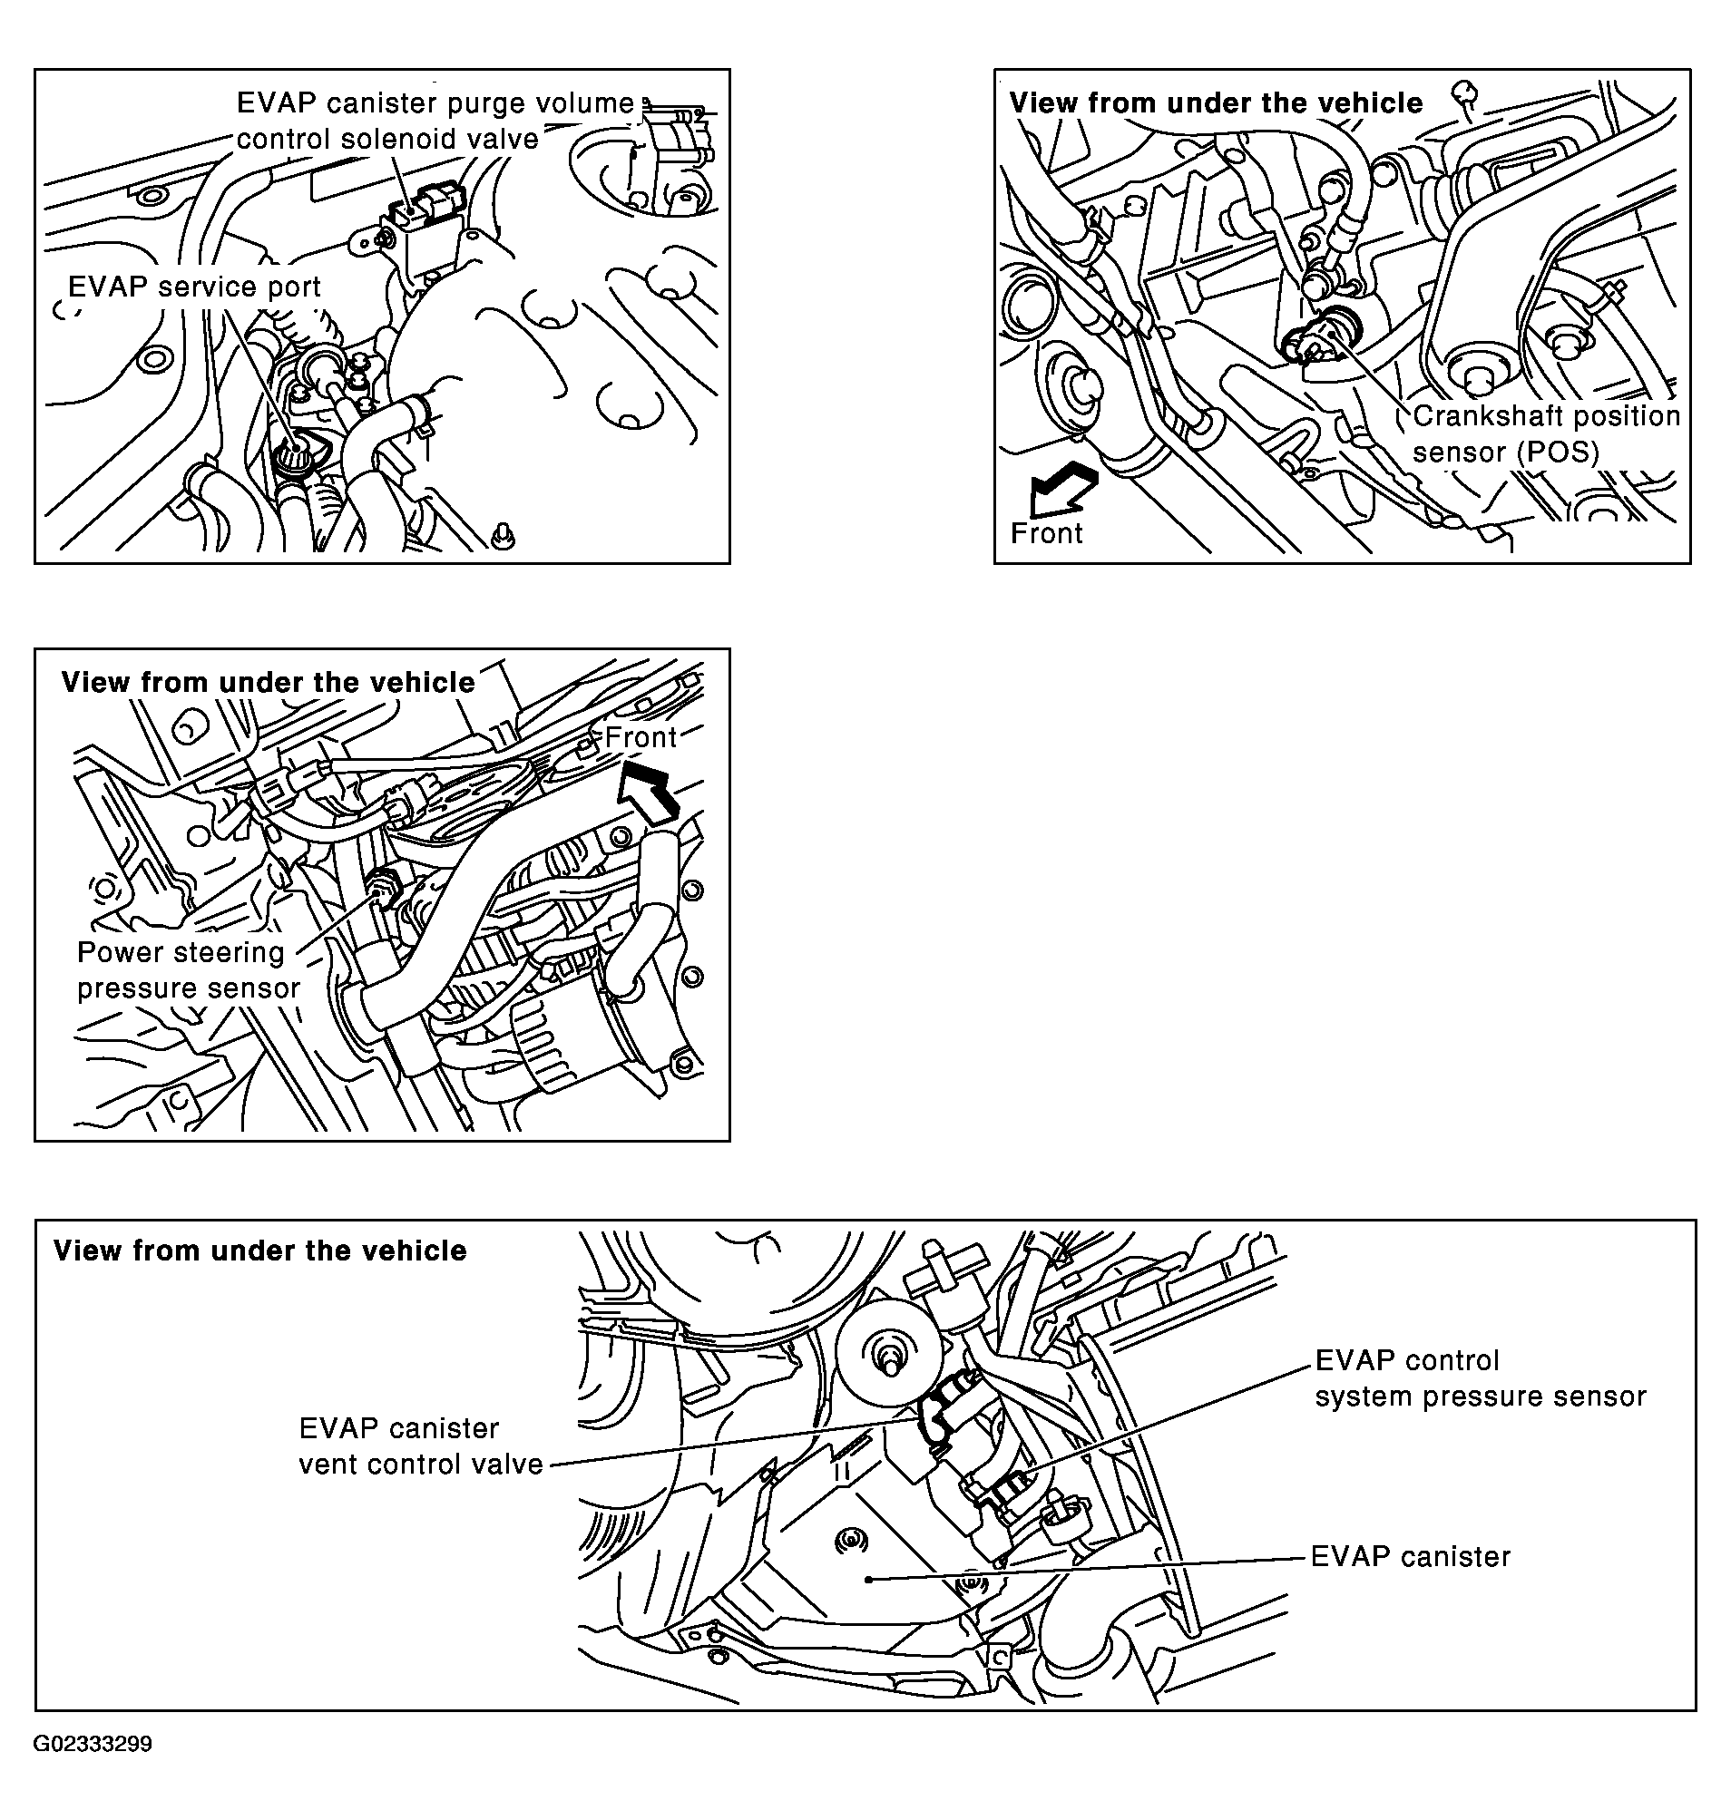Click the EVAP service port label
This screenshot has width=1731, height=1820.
pyautogui.click(x=195, y=287)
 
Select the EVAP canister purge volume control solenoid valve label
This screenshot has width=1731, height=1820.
pyautogui.click(x=435, y=121)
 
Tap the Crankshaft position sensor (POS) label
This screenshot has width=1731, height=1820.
pyautogui.click(x=1547, y=434)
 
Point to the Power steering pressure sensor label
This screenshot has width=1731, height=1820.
pyautogui.click(x=188, y=969)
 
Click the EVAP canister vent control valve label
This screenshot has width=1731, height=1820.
pyautogui.click(x=421, y=1445)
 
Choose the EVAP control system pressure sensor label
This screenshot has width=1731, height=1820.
pyautogui.click(x=1480, y=1378)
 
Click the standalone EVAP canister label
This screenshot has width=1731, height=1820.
pyautogui.click(x=1411, y=1557)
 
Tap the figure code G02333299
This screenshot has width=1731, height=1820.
pyautogui.click(x=93, y=1745)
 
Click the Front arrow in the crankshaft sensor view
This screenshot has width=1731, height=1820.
pyautogui.click(x=1062, y=490)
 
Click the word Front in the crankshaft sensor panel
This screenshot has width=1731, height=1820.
pyautogui.click(x=1046, y=533)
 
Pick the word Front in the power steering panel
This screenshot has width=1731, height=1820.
pyautogui.click(x=641, y=737)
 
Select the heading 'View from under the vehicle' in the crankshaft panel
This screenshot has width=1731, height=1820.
pyautogui.click(x=1216, y=103)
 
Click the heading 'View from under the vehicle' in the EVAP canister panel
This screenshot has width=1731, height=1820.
pyautogui.click(x=260, y=1251)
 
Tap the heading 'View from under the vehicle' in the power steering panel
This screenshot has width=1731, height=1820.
pyautogui.click(x=268, y=683)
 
